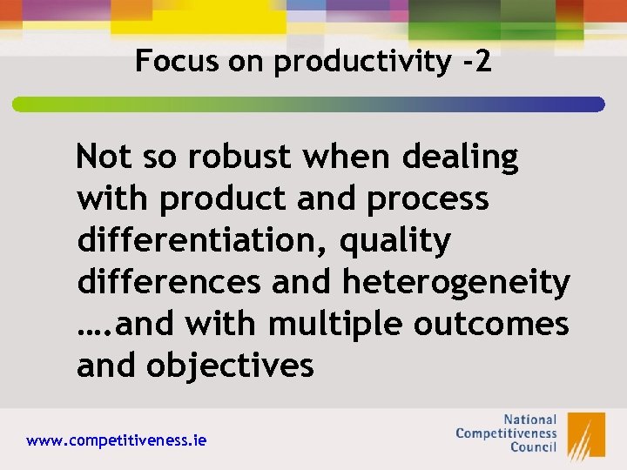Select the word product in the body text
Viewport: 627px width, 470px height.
pyautogui.click(x=227, y=200)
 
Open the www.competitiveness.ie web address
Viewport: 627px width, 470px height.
pyautogui.click(x=117, y=441)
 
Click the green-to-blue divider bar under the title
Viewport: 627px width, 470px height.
pyautogui.click(x=308, y=104)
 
